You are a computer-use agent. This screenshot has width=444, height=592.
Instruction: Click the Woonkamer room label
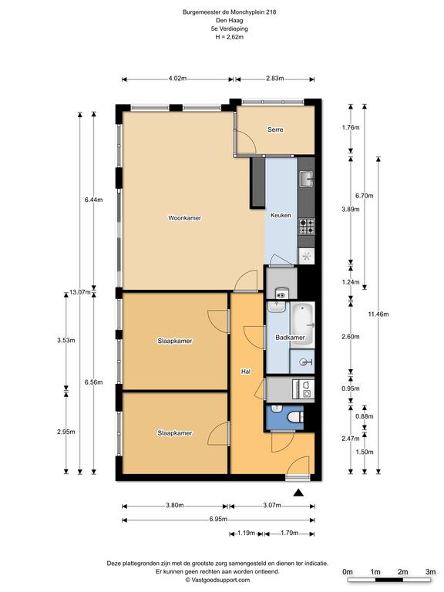click(185, 218)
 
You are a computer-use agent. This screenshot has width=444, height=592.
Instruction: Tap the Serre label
click(276, 129)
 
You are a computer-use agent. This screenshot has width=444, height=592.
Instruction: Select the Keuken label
click(281, 215)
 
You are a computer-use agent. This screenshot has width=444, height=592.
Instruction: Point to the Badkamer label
click(291, 338)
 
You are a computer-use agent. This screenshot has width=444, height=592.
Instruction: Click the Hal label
click(247, 372)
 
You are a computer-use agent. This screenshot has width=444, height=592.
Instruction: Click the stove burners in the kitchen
click(308, 227)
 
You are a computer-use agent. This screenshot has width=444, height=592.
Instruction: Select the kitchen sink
click(307, 179)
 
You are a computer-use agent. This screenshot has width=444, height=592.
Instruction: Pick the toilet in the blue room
click(296, 418)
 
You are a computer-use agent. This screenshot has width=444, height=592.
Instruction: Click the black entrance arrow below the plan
click(299, 493)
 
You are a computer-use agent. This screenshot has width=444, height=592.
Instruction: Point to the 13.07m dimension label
click(80, 292)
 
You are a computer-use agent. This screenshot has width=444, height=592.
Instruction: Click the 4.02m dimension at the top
click(178, 79)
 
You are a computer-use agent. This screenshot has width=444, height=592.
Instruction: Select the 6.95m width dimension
click(219, 520)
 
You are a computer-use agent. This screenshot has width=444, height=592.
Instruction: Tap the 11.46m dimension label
click(378, 314)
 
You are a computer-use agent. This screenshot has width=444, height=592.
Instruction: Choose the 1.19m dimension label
click(247, 533)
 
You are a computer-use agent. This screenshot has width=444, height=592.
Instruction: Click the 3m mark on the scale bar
click(431, 573)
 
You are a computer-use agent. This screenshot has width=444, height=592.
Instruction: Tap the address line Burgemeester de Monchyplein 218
click(230, 12)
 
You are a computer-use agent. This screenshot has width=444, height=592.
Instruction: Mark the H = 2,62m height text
click(230, 37)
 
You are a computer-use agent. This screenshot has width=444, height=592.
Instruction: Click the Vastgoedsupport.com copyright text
click(218, 580)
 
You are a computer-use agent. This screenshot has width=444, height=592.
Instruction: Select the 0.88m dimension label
click(365, 416)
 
